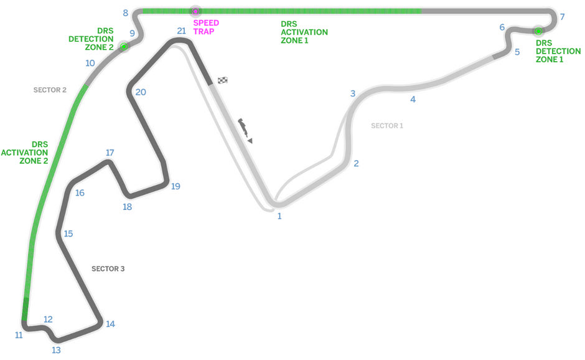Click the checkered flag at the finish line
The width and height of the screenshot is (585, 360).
223,80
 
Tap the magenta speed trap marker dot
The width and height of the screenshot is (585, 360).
195,12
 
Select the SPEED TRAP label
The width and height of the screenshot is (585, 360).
206,27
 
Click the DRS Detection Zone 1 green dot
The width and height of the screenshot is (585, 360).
538,31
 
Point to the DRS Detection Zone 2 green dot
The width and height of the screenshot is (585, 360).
124,46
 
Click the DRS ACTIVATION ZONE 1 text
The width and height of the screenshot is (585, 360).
304,32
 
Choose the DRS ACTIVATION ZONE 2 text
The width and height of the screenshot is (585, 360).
25,153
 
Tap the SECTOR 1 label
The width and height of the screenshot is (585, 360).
387,126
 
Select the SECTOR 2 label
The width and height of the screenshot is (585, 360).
50,90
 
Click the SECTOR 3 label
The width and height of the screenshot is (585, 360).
108,269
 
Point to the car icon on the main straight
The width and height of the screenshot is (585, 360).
245,130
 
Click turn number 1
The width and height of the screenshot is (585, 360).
279,216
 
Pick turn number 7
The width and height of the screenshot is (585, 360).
562,17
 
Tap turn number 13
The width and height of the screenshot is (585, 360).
56,350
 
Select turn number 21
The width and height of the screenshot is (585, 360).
181,31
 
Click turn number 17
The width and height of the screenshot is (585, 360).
110,153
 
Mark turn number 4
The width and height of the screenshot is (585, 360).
413,99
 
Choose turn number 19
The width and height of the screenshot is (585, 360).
175,186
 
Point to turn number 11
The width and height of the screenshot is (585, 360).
19,335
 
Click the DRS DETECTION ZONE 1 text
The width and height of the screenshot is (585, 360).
558,51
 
